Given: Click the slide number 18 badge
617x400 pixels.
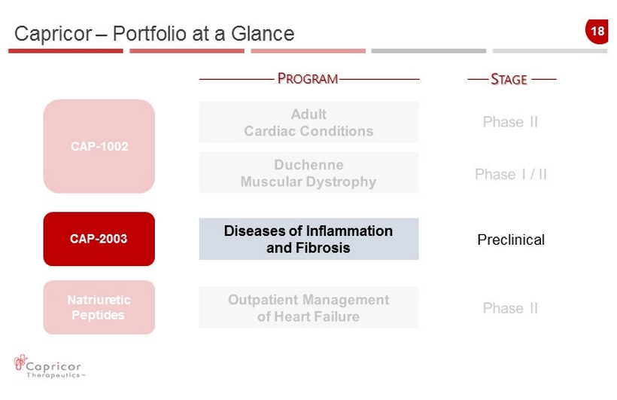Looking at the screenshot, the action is (x=597, y=31).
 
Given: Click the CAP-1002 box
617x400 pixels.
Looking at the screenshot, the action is (x=99, y=146).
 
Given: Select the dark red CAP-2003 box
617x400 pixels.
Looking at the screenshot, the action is (x=99, y=239).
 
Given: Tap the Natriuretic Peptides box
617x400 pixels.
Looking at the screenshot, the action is (x=99, y=307).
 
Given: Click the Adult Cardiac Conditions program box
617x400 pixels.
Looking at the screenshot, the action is (x=309, y=122).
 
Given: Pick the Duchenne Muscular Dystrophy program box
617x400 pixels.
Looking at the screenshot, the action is (x=309, y=173).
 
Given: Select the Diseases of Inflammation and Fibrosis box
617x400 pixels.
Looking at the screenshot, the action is (x=309, y=239).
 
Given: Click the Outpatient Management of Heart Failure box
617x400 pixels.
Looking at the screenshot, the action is (x=309, y=308).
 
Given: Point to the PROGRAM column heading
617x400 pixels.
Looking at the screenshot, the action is (x=308, y=79).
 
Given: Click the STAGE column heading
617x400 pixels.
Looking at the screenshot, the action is (x=509, y=79).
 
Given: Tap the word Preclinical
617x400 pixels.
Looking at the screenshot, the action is (x=511, y=240).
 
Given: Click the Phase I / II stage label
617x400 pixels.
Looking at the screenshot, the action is (x=511, y=174).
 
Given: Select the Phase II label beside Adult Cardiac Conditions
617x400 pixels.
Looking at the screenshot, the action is (x=510, y=122).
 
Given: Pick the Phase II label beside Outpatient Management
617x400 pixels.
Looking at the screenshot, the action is (x=510, y=308).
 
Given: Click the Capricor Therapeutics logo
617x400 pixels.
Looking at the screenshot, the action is (x=49, y=367).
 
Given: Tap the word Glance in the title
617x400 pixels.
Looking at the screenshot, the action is (x=263, y=33).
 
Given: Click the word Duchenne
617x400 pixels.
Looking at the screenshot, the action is (x=309, y=165).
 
